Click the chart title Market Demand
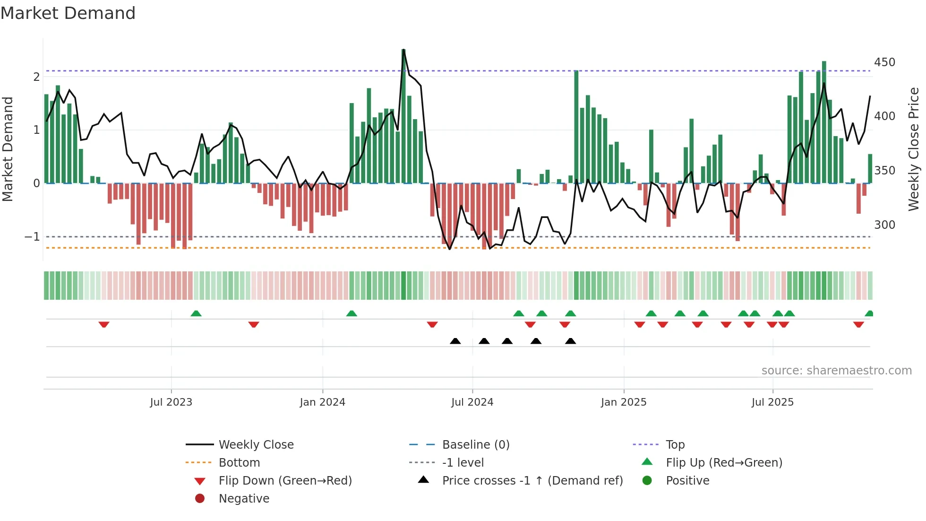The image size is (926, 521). tap(68, 13)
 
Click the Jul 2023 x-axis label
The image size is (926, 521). tap(171, 402)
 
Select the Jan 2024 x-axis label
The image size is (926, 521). tap(322, 402)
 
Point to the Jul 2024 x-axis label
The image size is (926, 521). tap(472, 402)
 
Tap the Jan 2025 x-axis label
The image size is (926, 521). tap(624, 402)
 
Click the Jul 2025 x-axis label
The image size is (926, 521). tap(772, 402)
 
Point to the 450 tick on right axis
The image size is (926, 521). tap(884, 62)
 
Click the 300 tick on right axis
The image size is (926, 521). tap(884, 225)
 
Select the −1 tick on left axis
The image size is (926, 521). tap(32, 236)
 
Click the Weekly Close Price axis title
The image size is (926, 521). tap(914, 149)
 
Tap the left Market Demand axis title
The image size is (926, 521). tap(8, 149)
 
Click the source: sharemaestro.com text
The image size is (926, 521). tap(836, 371)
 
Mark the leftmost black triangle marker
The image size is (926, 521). tap(455, 341)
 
